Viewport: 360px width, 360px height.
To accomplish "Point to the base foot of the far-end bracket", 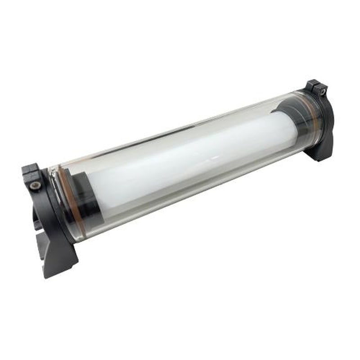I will (x=320, y=151).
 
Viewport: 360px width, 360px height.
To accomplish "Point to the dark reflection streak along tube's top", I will (x=180, y=130).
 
